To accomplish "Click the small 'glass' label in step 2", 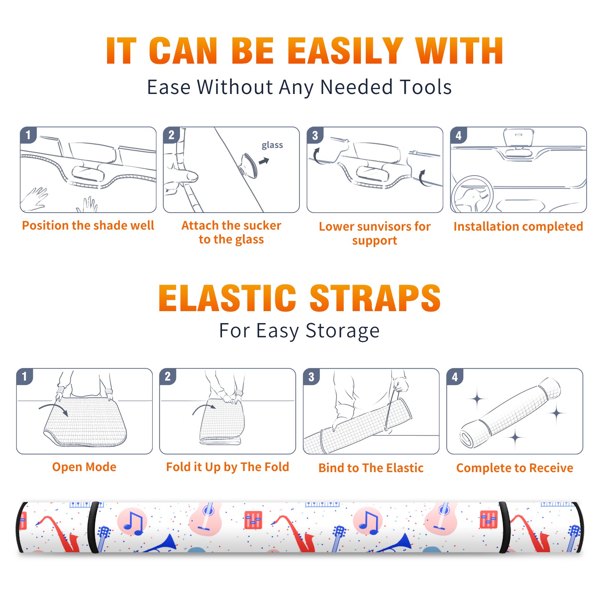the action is click(272, 145).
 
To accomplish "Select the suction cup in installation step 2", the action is click(248, 165).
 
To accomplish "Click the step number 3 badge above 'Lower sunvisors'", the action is click(315, 135).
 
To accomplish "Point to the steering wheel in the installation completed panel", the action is click(472, 195).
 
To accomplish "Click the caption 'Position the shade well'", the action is click(88, 225).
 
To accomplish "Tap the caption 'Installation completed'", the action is click(518, 226).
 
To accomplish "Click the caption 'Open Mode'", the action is click(84, 467).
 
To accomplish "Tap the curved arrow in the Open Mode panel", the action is click(53, 408).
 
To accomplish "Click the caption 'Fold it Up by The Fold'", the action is click(228, 467).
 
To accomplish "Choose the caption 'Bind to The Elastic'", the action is click(371, 468).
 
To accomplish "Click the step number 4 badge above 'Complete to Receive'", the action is click(455, 377).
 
